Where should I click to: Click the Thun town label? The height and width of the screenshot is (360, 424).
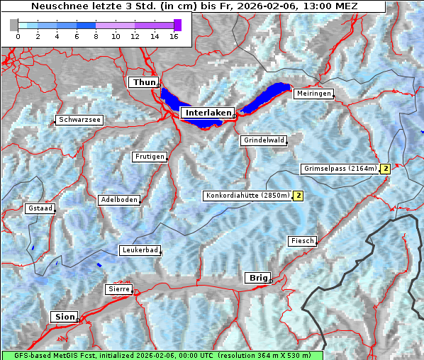click(x=144, y=83)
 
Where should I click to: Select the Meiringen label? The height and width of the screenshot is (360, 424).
click(x=313, y=94)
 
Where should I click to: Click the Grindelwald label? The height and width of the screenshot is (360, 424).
click(x=264, y=140)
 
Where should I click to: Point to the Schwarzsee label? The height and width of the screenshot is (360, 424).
click(x=79, y=120)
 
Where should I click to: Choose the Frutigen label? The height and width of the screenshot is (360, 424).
click(x=149, y=157)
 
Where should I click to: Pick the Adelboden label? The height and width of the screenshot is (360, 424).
click(x=118, y=200)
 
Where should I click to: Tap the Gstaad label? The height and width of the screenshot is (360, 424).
click(x=40, y=208)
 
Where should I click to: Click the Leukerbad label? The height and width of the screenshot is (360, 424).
click(x=139, y=250)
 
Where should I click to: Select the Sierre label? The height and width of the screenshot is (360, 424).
click(x=118, y=289)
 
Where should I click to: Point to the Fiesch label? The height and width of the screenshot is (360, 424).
click(x=301, y=241)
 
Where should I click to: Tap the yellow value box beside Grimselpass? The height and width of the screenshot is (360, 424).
click(x=385, y=169)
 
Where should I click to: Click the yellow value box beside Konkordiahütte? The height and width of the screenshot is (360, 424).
click(x=299, y=196)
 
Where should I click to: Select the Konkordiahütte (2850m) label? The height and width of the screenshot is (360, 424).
click(x=247, y=196)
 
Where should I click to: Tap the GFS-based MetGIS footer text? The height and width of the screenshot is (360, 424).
click(x=162, y=355)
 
